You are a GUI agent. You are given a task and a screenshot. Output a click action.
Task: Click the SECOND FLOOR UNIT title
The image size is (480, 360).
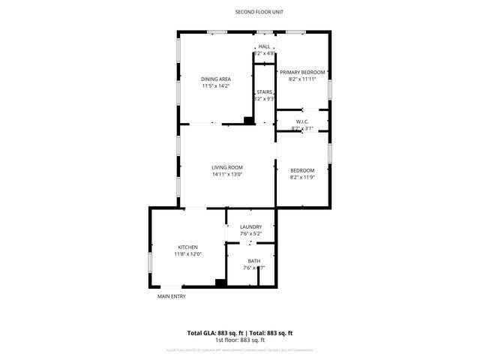tap(259, 12)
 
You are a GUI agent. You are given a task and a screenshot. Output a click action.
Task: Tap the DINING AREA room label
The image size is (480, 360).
tap(215, 79)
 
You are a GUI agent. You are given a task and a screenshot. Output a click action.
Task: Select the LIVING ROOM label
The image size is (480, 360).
tap(226, 168)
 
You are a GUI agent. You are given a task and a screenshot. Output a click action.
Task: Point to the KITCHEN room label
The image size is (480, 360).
tap(187, 247)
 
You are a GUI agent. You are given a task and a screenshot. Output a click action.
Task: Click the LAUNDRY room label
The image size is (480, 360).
tap(250, 227)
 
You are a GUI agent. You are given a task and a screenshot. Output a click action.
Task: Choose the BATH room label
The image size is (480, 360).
tap(255, 262)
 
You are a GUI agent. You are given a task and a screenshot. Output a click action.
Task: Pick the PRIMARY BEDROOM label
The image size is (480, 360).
tap(307, 72)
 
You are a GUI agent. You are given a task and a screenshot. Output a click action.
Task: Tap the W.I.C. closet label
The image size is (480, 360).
tap(303, 121)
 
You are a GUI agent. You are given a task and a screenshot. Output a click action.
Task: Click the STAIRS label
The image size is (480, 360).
tap(264, 92)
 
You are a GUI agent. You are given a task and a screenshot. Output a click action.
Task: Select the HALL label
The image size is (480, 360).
tap(265, 47)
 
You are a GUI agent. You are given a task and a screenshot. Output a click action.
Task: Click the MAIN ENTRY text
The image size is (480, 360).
tap(171, 296)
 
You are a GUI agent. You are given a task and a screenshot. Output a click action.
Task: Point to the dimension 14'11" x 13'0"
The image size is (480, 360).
tap(226, 175)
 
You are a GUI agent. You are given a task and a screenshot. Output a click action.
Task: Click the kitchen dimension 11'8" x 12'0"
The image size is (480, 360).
tap(187, 254)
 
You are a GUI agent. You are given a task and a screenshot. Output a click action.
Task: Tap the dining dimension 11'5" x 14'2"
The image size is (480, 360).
tap(215, 86)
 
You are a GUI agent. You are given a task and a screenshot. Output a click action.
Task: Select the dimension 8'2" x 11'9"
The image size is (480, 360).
tap(303, 177)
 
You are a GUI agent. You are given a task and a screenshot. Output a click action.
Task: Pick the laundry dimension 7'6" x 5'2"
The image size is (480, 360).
tap(250, 234)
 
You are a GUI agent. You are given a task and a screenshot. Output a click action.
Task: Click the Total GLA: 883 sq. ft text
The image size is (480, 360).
tap(212, 333)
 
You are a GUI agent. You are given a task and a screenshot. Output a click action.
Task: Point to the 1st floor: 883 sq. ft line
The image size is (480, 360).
tap(240, 340)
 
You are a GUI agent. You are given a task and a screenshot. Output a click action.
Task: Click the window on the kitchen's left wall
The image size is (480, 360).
tap(151, 264)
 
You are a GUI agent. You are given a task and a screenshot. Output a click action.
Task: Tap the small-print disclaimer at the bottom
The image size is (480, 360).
tap(240, 349)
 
